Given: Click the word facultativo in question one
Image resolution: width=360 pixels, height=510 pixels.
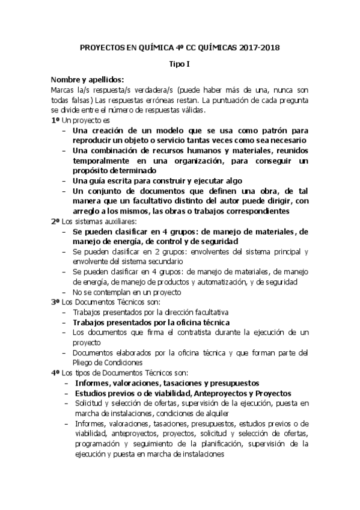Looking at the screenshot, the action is [170, 201].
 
